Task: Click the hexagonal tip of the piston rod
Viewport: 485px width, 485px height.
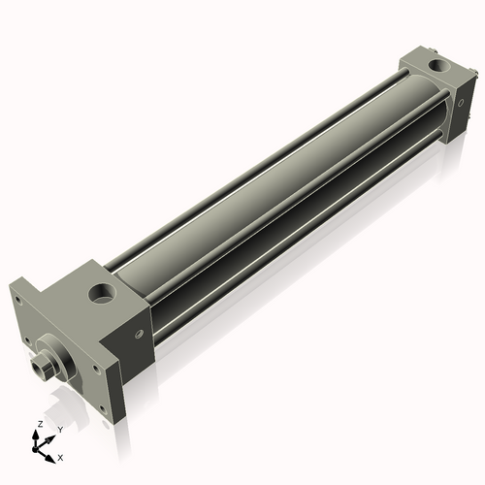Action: pyautogui.click(x=41, y=368)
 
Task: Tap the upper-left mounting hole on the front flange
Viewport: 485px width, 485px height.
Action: pyautogui.click(x=17, y=300)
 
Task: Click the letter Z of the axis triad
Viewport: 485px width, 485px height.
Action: pyautogui.click(x=39, y=425)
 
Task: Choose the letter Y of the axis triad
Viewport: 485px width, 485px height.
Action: pyautogui.click(x=59, y=430)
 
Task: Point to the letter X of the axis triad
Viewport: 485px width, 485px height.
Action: pyautogui.click(x=60, y=456)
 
